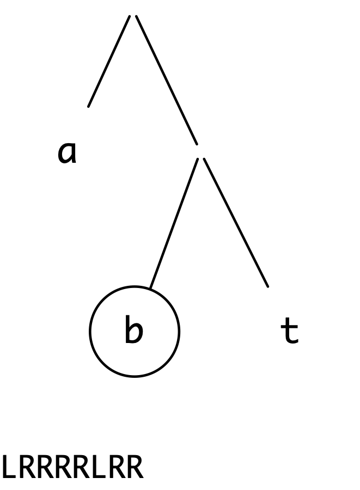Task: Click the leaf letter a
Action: click(67, 152)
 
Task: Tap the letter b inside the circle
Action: click(134, 329)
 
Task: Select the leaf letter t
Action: click(289, 330)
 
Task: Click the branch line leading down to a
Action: click(109, 61)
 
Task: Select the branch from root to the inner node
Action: click(167, 80)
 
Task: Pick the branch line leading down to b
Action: click(174, 223)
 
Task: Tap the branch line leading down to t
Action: click(236, 222)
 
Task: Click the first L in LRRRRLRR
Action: click(9, 467)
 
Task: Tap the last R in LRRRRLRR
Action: click(135, 467)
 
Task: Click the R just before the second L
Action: click(82, 467)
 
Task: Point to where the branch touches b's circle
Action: click(150, 288)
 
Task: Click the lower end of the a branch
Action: click(88, 107)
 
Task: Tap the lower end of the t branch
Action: click(268, 286)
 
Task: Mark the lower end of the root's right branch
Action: click(197, 144)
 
